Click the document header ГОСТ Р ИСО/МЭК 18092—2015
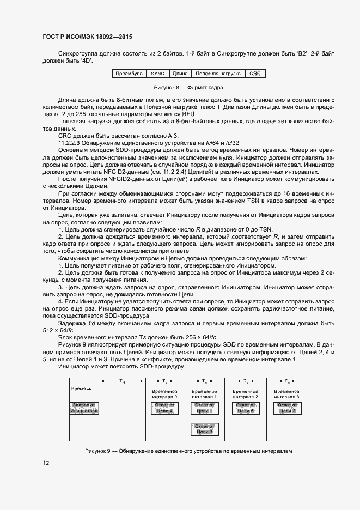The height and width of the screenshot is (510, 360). [x=87, y=37]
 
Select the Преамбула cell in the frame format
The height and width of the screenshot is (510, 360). [x=129, y=73]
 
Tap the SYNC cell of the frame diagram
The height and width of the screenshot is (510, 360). [x=157, y=73]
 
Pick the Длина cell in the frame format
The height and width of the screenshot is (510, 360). [x=180, y=73]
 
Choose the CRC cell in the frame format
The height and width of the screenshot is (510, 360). [x=255, y=73]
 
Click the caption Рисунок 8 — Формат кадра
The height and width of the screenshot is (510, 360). [x=189, y=87]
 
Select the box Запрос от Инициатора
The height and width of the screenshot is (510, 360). [x=84, y=408]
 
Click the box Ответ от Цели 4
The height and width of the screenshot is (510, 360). [x=164, y=408]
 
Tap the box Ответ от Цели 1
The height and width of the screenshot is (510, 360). [x=204, y=408]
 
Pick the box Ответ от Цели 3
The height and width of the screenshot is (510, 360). [x=204, y=429]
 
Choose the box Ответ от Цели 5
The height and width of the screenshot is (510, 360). [x=245, y=408]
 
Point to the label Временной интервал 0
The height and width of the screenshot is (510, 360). [x=164, y=394]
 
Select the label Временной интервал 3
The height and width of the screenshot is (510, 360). [x=287, y=394]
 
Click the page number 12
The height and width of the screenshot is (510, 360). [x=46, y=463]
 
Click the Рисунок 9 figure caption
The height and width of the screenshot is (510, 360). [x=189, y=451]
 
